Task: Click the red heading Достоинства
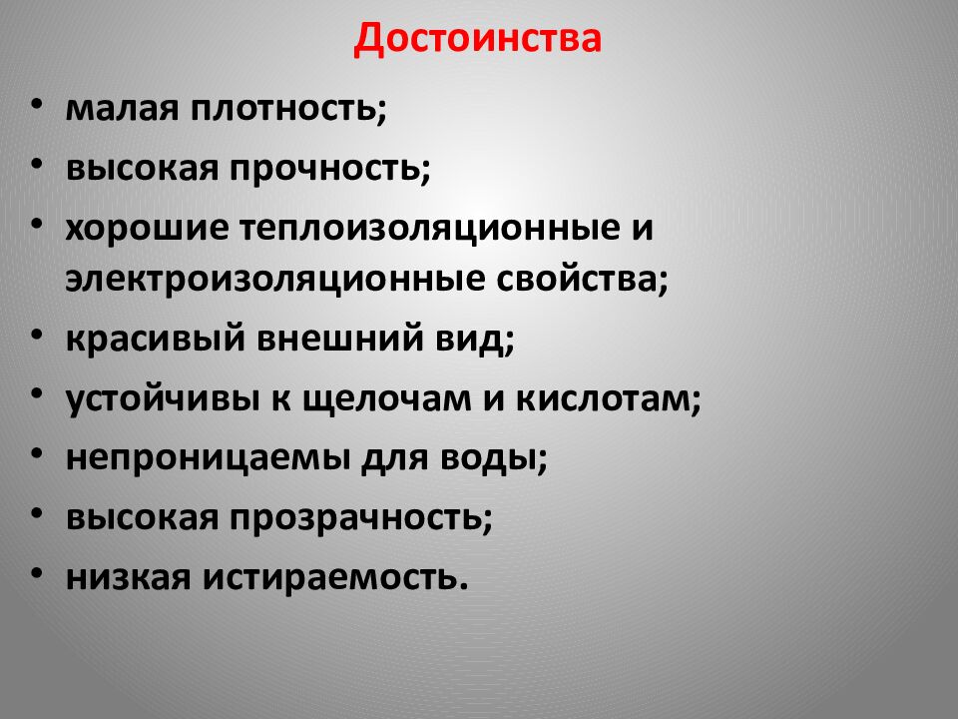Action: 478,39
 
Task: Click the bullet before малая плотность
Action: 37,104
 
